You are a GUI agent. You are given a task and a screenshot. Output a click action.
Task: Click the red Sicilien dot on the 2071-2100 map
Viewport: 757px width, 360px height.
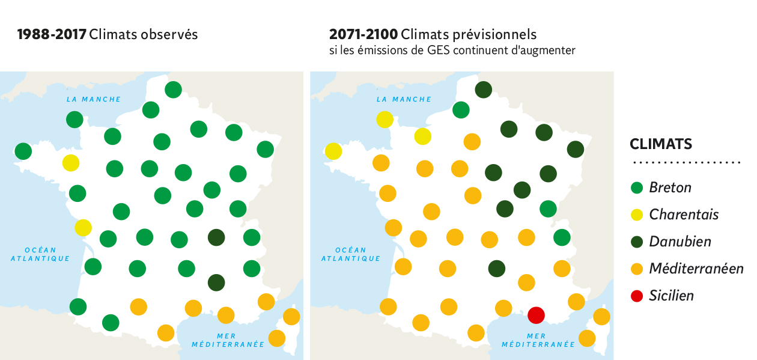tap(536, 314)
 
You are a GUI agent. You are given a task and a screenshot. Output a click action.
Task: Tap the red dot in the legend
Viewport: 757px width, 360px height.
tap(637, 296)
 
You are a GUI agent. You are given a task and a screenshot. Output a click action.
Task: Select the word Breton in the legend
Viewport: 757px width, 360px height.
tap(670, 188)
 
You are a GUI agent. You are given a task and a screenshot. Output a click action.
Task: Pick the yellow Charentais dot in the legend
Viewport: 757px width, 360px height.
tap(637, 215)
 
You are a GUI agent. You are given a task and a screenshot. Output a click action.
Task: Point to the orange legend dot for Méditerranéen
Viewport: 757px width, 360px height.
tap(637, 269)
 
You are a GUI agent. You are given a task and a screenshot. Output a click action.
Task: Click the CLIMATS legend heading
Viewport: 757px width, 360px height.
tap(660, 144)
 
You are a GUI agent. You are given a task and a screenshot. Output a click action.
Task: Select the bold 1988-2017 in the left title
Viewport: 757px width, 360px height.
tap(51, 34)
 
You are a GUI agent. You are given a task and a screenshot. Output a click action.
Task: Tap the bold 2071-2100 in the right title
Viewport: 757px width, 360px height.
tap(363, 34)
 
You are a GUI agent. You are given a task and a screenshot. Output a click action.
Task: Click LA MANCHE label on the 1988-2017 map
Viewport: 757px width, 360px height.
tap(94, 99)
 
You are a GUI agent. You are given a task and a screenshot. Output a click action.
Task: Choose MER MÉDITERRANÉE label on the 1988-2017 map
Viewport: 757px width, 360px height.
tap(228, 340)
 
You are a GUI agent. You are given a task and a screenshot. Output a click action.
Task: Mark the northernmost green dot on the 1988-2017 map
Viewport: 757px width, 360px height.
tap(173, 90)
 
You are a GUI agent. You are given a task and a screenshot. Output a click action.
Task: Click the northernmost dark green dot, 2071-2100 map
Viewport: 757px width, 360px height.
tap(483, 90)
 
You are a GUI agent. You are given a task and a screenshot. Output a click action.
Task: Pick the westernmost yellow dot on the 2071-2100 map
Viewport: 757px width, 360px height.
tap(333, 151)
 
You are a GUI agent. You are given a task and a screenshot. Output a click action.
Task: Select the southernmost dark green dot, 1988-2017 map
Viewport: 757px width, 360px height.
tap(216, 281)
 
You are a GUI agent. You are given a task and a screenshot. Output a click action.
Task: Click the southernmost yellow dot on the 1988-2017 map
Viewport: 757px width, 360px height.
tap(83, 228)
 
